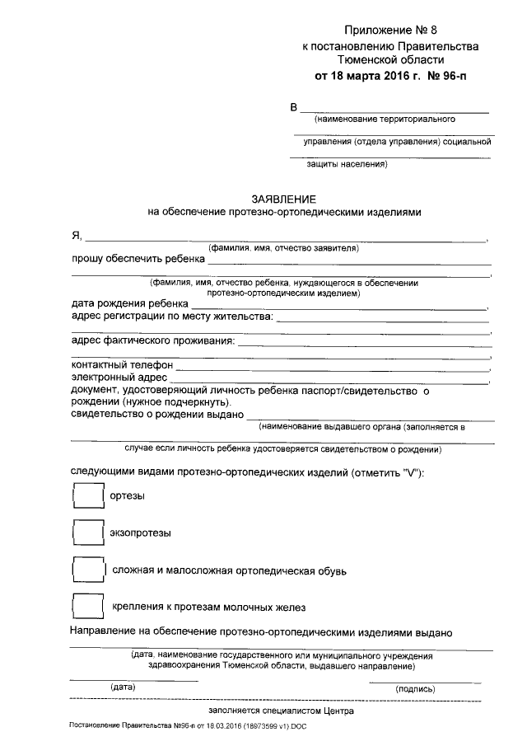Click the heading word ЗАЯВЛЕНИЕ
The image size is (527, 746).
pyautogui.click(x=284, y=199)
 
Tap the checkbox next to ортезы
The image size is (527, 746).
pyautogui.click(x=86, y=495)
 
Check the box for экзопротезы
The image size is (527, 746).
pyautogui.click(x=86, y=533)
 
